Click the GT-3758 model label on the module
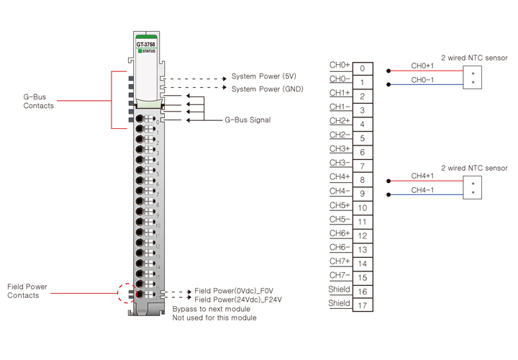click(x=146, y=44)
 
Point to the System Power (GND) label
click(x=267, y=89)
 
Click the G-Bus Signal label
click(x=247, y=120)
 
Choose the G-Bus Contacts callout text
click(x=39, y=102)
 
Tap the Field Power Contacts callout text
click(x=27, y=291)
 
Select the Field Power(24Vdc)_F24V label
click(x=238, y=300)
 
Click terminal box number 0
click(x=362, y=69)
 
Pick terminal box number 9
click(x=362, y=194)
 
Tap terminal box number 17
click(x=362, y=305)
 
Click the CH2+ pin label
click(x=340, y=121)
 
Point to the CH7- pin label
click(x=340, y=275)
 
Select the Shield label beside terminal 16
click(x=340, y=289)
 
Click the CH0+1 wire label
click(x=422, y=66)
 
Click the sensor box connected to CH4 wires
click(x=473, y=188)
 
